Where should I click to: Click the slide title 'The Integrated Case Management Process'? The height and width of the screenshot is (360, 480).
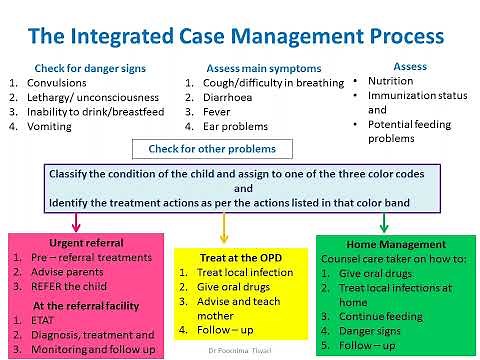[236, 37]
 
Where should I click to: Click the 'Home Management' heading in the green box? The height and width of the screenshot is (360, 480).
[395, 243]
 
